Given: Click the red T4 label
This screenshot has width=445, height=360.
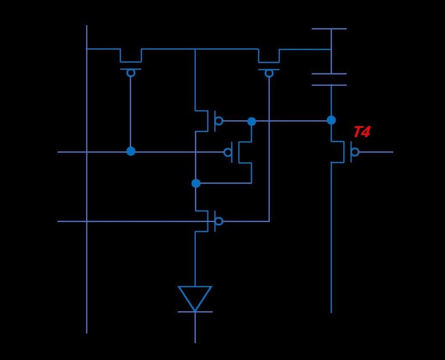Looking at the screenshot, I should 362,132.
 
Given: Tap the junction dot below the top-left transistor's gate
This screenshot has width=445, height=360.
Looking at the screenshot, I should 131,151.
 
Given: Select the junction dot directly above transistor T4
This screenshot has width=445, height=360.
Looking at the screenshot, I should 331,120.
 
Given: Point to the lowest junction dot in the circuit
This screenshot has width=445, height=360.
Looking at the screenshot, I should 195,183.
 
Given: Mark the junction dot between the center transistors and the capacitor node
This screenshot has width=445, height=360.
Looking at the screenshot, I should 251,121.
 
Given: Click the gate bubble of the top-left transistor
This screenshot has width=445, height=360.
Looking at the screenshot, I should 131,73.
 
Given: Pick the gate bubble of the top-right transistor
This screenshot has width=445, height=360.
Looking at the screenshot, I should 269,73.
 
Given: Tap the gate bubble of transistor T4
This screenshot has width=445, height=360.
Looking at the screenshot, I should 355,152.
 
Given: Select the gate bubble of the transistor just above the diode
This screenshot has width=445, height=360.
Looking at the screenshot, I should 219,221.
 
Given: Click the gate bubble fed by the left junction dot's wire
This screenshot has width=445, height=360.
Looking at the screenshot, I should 228,152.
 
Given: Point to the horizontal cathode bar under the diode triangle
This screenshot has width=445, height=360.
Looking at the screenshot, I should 195,312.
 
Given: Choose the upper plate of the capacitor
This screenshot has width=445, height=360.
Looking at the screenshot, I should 329,73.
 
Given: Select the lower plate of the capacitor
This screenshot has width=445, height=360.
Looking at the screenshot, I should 329,85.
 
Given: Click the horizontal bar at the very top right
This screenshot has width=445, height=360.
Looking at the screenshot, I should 329,28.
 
